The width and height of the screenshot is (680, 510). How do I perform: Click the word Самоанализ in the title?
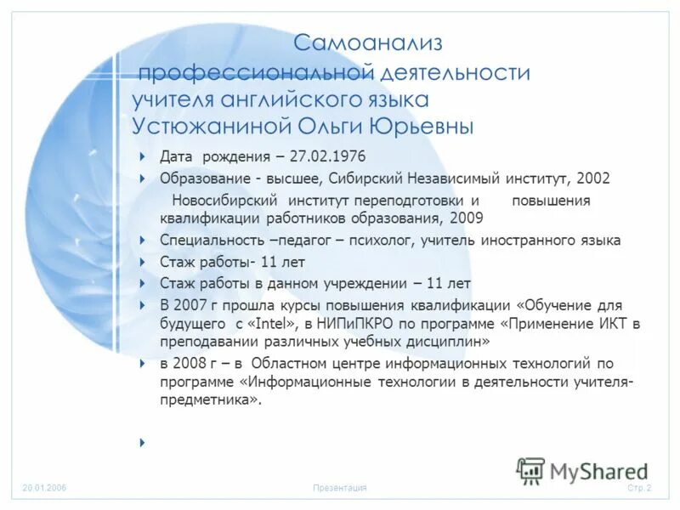pos(369,42)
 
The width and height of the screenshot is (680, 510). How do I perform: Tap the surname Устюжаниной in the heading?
pos(209,127)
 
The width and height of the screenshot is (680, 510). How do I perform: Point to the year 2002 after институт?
pos(592,178)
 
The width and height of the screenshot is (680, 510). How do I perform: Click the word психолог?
pos(378,241)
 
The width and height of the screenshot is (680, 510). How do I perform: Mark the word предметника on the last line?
pos(206,399)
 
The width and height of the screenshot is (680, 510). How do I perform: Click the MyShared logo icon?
pos(530,470)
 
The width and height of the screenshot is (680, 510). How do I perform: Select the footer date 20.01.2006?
pos(45,488)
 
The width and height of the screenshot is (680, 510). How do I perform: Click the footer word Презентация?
pos(339,488)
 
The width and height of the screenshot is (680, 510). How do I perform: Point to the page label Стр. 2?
pos(639,488)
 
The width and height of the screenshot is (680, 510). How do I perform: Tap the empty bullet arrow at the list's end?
pos(142,443)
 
